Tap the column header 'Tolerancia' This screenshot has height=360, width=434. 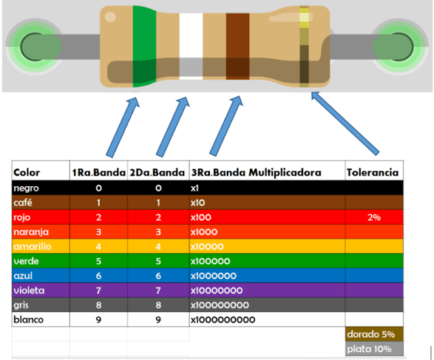pyautogui.click(x=372, y=173)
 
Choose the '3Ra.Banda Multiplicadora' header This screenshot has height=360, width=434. pyautogui.click(x=256, y=173)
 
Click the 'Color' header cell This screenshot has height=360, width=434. pyautogui.click(x=27, y=173)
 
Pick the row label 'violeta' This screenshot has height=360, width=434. pyautogui.click(x=29, y=290)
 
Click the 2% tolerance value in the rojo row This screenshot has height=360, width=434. pyautogui.click(x=373, y=217)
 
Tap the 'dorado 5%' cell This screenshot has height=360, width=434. pyautogui.click(x=371, y=334)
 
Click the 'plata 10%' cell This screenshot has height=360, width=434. pyautogui.click(x=371, y=349)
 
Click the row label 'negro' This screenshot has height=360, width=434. pyautogui.click(x=26, y=187)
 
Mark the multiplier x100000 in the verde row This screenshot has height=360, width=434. pyautogui.click(x=211, y=261)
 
